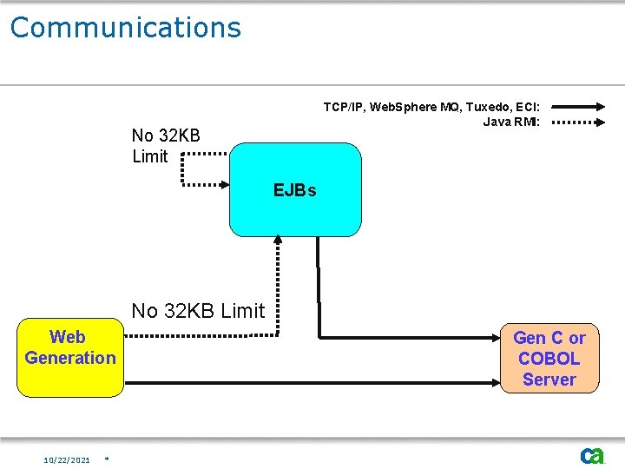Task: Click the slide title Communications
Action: [x=125, y=28]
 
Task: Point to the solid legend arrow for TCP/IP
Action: [x=578, y=107]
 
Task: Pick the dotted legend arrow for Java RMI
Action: [x=578, y=122]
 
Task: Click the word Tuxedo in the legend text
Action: [x=491, y=107]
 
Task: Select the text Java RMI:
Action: [x=511, y=122]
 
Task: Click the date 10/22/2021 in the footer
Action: [x=67, y=459]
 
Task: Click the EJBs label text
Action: [x=295, y=190]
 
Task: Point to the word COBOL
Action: [x=549, y=358]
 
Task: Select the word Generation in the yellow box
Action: [x=70, y=358]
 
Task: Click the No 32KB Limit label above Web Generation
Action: [x=198, y=311]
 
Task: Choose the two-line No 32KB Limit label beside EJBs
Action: [x=166, y=146]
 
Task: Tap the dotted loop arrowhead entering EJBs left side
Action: [x=223, y=184]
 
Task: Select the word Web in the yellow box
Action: [x=68, y=337]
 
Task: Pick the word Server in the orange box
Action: [x=549, y=379]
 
